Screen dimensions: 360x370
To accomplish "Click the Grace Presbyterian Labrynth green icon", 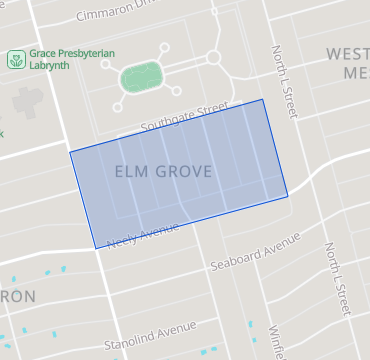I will [16, 60].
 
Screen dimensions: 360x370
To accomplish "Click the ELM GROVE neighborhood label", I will [164, 172].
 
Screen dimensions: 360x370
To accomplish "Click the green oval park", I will [141, 76].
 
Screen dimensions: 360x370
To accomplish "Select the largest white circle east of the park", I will [213, 58].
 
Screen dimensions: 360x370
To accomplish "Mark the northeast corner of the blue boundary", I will [263, 99].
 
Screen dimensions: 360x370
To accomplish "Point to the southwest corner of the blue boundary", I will [95, 248].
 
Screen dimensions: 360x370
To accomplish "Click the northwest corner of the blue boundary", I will [70, 152].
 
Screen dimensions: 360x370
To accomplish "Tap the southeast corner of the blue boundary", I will [288, 196].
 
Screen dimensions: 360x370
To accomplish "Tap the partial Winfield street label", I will [276, 339].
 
